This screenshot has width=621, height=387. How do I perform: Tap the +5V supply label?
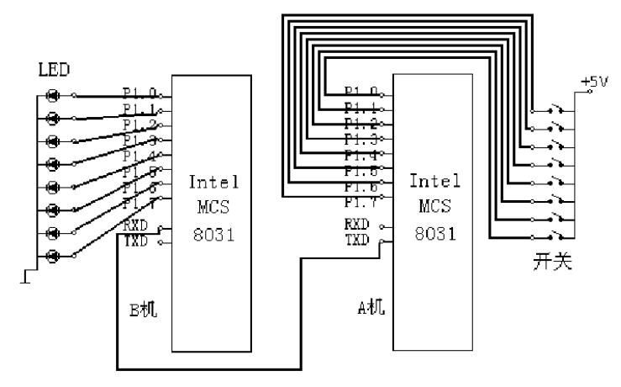[592, 82]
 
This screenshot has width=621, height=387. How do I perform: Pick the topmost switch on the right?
[554, 110]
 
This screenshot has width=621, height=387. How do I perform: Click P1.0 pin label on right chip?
[361, 92]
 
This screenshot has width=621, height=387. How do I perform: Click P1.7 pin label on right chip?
[361, 203]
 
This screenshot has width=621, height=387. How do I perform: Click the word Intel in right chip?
[432, 180]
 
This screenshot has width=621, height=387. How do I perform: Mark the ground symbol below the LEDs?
[28, 275]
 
